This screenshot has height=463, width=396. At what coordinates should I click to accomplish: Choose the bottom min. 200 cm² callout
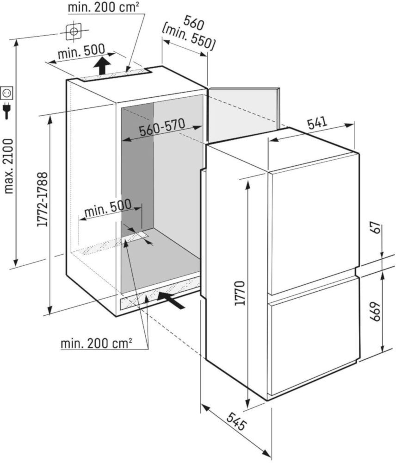click(x=96, y=344)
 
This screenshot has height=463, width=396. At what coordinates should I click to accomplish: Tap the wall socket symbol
click(x=7, y=93)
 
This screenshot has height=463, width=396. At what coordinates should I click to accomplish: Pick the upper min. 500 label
click(x=81, y=54)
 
